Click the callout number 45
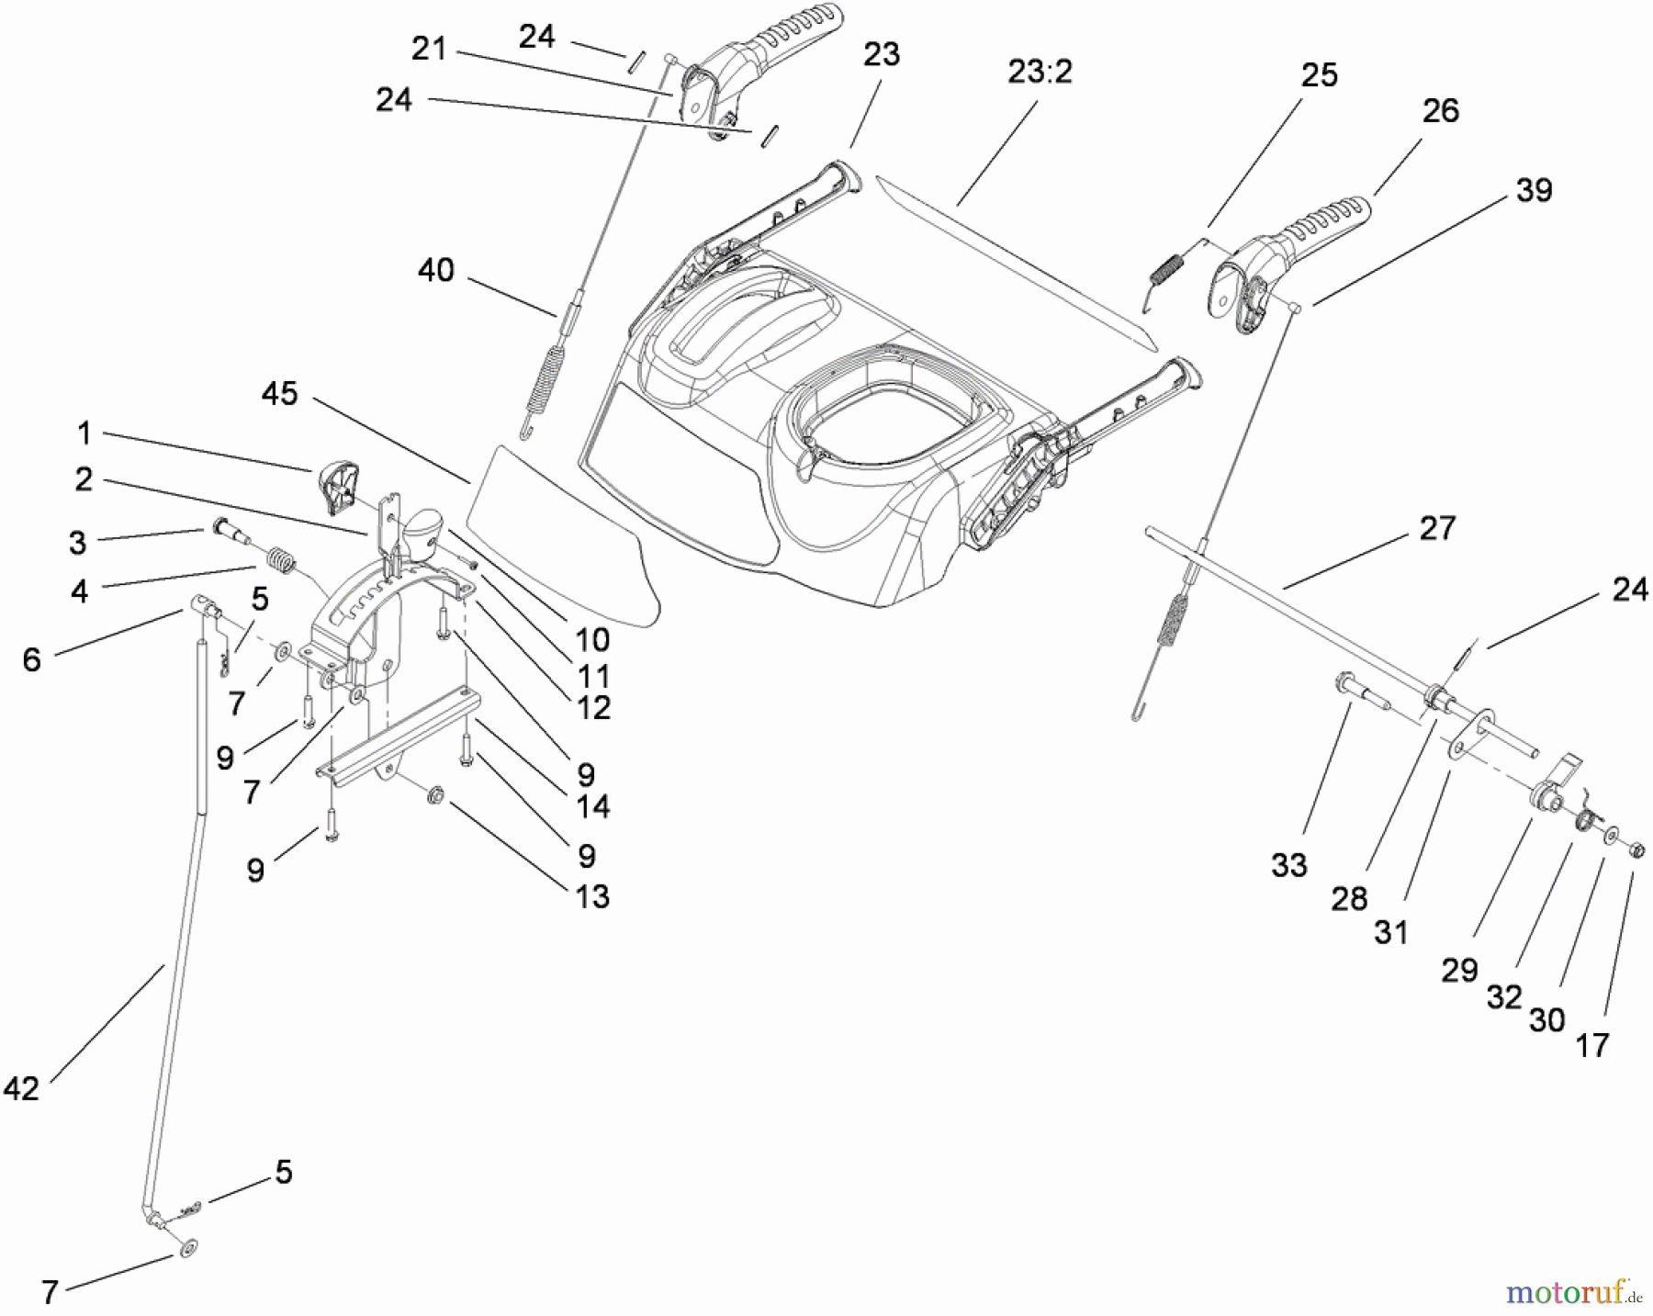280,394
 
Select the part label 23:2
1040,72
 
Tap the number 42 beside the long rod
22,1089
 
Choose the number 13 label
593,896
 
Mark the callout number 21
429,49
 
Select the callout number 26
1440,110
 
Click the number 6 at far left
32,658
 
